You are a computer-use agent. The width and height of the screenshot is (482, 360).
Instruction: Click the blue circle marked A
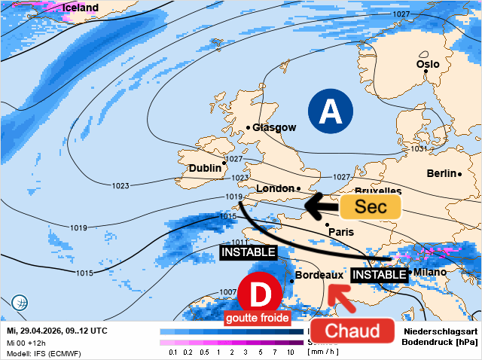tap(329, 111)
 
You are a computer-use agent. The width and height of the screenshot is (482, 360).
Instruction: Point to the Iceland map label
tap(80, 8)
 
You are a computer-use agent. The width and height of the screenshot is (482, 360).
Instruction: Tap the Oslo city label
tap(428, 64)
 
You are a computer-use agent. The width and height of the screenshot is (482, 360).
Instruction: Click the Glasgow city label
tap(274, 127)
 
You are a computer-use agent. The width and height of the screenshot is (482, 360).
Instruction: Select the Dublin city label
tap(205, 168)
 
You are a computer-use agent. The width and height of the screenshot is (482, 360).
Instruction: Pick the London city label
tap(276, 188)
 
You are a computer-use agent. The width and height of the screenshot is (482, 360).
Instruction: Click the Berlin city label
tap(442, 173)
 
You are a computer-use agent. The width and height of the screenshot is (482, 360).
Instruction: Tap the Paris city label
tap(341, 232)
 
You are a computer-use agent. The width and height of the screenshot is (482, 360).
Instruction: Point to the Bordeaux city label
tap(319, 276)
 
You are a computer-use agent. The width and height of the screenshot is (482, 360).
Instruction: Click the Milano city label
tap(430, 272)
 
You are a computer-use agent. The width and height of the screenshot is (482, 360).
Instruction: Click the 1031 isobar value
tap(419, 149)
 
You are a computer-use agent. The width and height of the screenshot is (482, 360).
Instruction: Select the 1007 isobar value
tap(228, 291)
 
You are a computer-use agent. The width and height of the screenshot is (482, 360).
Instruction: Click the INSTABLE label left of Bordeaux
tap(248, 252)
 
